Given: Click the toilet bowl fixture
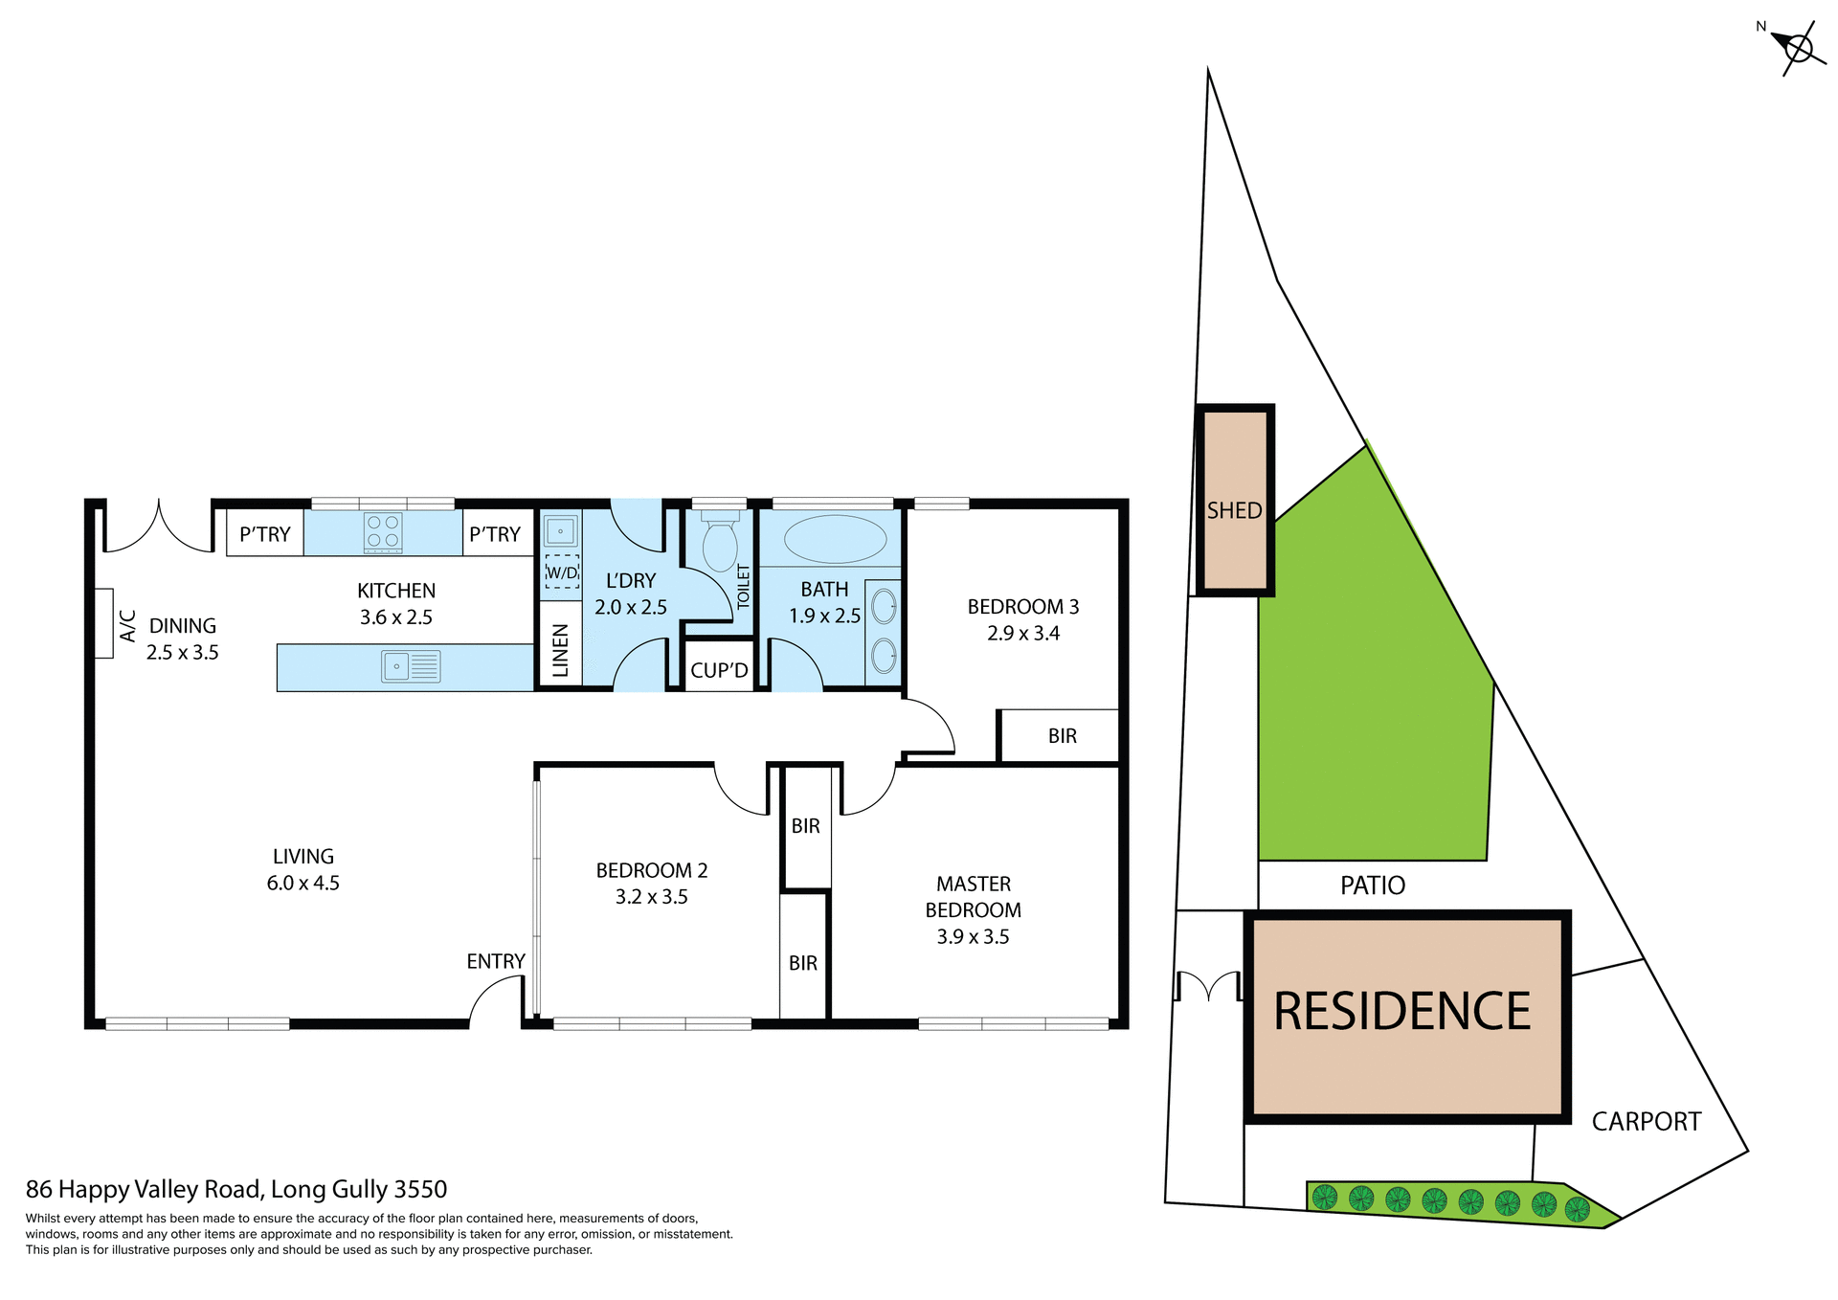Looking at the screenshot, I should pos(720,544).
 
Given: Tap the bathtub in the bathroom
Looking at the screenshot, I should pos(835,539).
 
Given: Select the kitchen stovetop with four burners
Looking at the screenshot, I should pos(383,533).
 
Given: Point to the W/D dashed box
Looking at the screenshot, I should pos(562,572).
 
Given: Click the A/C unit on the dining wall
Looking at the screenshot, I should pos(103,623).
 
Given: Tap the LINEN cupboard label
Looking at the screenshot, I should pos(561,651).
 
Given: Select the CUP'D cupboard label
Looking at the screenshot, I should pos(719,670).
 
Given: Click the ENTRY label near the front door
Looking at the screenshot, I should pos(495,961).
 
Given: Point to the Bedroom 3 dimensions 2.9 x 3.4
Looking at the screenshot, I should pos(1022,633).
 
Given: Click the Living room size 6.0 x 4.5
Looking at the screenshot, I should pos(303,883).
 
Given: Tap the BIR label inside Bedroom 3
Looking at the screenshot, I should pos(1062,736).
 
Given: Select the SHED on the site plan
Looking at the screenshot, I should pos(1234,501).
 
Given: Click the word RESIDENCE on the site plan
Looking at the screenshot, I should pos(1401,1012).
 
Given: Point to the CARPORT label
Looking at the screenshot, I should pos(1646,1121).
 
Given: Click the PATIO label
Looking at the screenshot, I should pos(1372,885).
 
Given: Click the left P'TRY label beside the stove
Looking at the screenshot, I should pos(264,534).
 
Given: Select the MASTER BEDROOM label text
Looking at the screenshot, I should pos(973,897).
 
